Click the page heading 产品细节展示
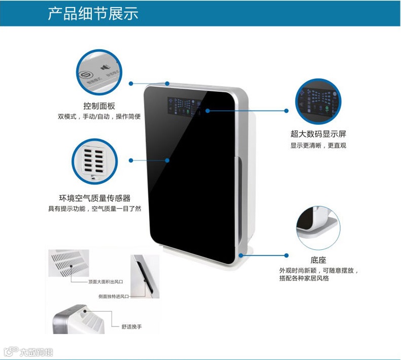coord(93,13)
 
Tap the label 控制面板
coord(99,106)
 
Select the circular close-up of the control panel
coord(99,73)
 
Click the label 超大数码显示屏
coord(318,135)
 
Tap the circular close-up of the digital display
coord(318,102)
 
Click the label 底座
coord(318,259)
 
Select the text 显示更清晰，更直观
coord(318,146)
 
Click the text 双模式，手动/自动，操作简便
coord(99,117)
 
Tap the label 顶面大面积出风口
coord(106,281)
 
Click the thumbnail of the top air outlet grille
coord(69,264)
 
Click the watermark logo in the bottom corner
coord(28,352)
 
